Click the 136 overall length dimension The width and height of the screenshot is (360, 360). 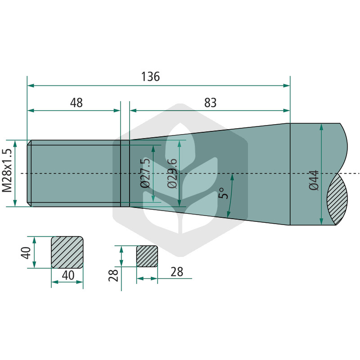(x=150, y=76)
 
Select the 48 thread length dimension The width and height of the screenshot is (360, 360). (x=76, y=103)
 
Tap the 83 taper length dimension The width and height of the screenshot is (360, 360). (x=210, y=103)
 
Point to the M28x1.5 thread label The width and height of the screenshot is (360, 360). (x=7, y=171)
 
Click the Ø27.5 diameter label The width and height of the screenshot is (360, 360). (x=146, y=173)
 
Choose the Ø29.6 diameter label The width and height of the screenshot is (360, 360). (x=172, y=173)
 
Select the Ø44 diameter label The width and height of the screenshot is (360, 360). (x=314, y=180)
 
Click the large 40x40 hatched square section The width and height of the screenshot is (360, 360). (x=67, y=252)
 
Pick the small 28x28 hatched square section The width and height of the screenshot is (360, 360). (x=147, y=256)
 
